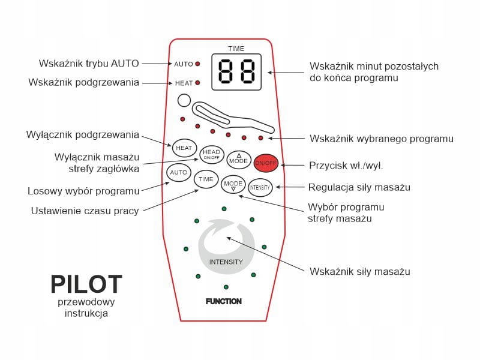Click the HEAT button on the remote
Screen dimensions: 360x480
point(183,147)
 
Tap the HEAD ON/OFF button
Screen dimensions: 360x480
point(211,154)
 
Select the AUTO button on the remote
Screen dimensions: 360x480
point(178,173)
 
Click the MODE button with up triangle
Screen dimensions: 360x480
point(239,160)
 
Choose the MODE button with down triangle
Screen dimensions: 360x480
point(233,184)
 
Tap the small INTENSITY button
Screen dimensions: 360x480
point(260,187)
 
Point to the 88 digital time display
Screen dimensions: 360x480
point(236,73)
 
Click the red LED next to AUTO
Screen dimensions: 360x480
point(197,64)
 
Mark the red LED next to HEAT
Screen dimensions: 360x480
point(197,83)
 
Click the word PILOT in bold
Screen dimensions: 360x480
point(86,284)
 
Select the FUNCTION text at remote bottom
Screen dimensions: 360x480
point(223,301)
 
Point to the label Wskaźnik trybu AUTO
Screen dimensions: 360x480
point(89,63)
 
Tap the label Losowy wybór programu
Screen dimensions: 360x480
point(83,191)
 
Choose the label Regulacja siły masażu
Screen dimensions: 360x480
point(359,187)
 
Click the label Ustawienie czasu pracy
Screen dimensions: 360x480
point(85,211)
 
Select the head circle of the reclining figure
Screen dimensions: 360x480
point(184,102)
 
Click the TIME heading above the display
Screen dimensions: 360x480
point(236,49)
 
